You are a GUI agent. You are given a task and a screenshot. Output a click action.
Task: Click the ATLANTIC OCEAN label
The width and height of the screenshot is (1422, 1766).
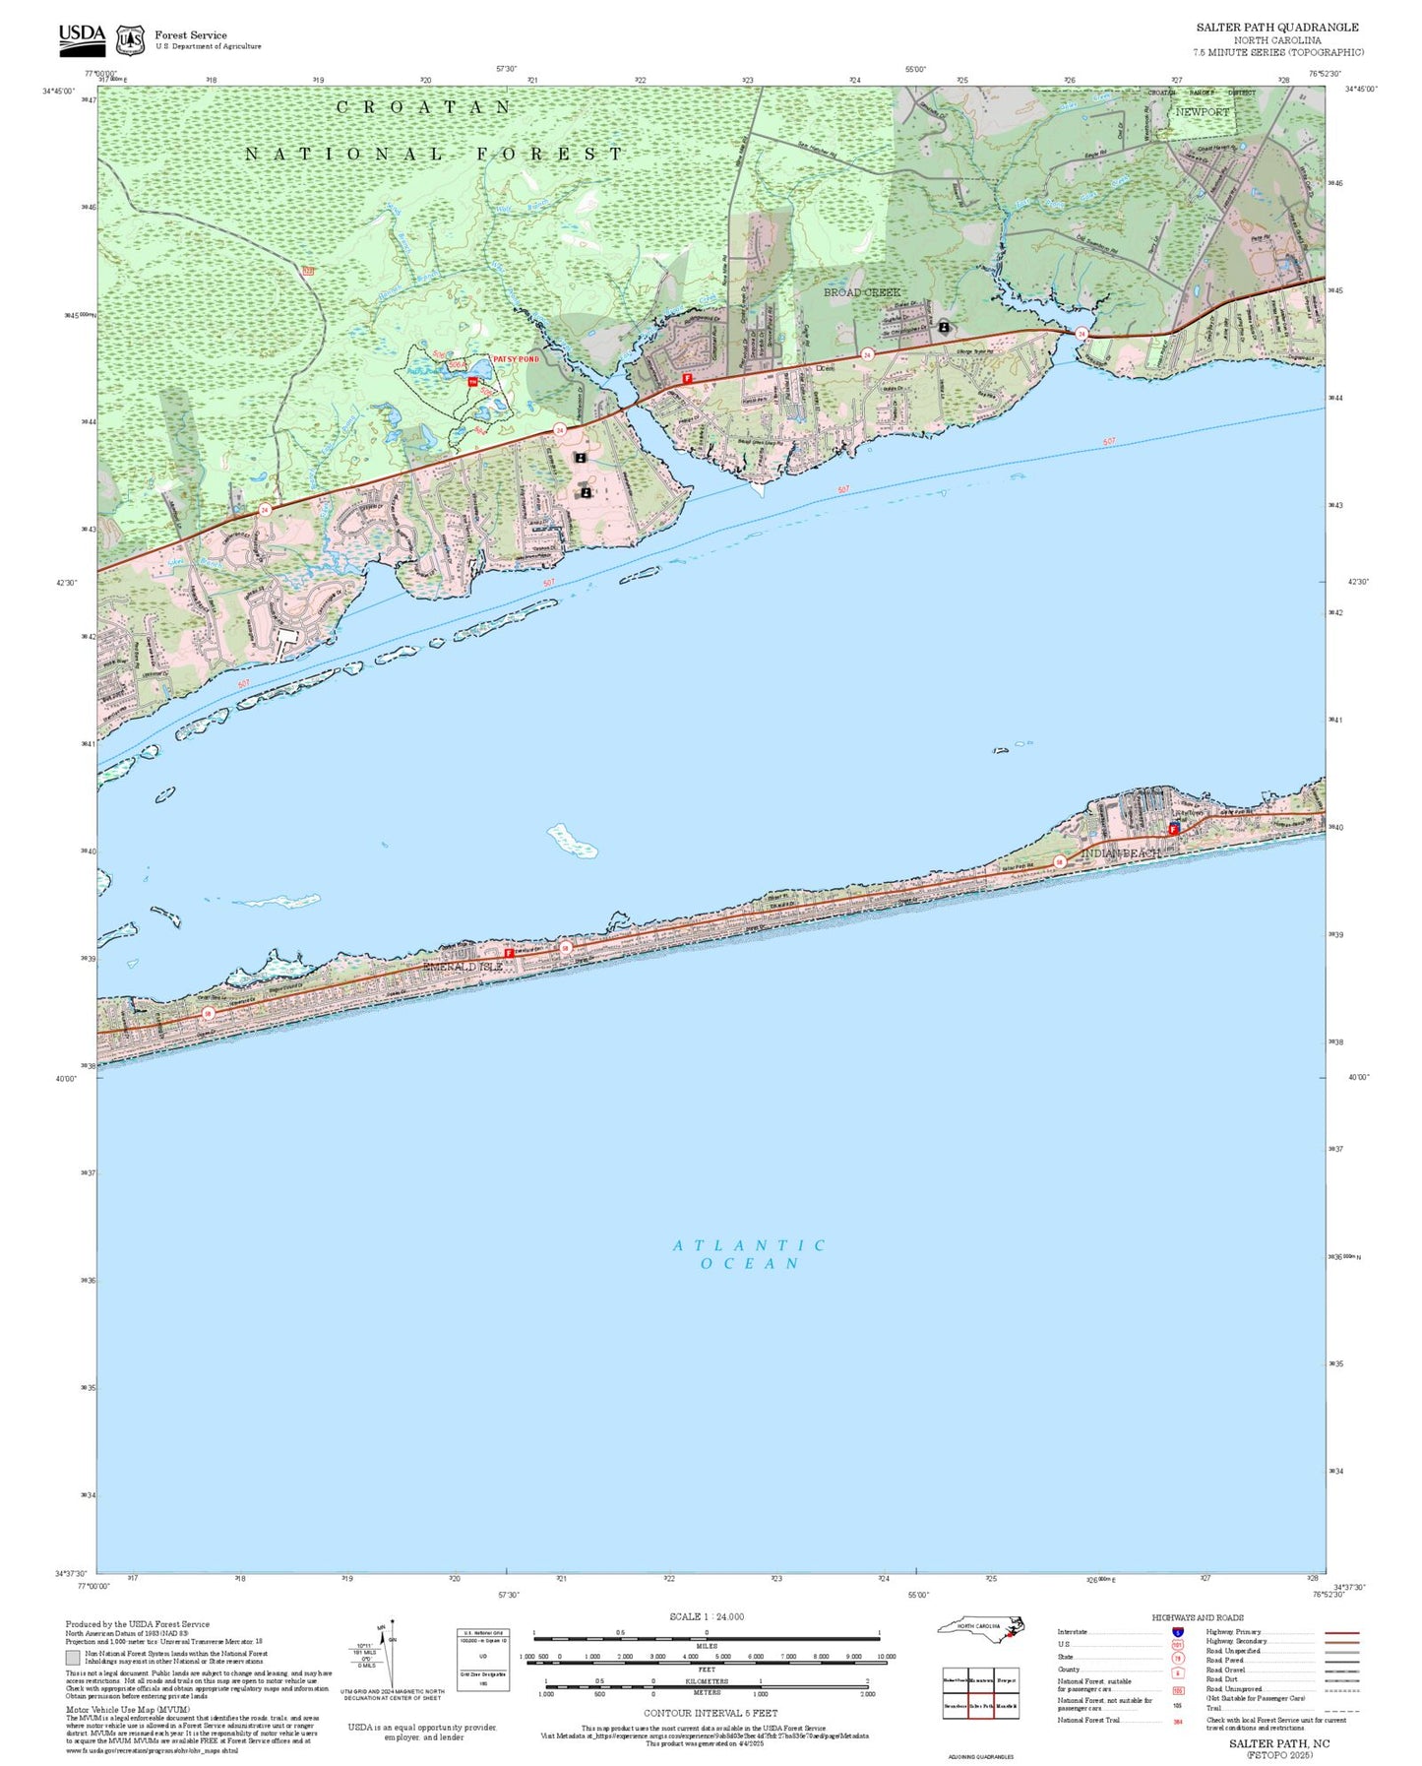pyautogui.click(x=750, y=1253)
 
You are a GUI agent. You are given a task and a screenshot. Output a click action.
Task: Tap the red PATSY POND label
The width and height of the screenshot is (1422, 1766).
pyautogui.click(x=516, y=359)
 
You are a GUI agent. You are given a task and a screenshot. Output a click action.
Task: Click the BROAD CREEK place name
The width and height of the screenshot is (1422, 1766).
pyautogui.click(x=862, y=292)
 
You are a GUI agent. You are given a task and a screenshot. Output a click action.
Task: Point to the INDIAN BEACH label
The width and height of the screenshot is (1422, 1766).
pyautogui.click(x=1121, y=852)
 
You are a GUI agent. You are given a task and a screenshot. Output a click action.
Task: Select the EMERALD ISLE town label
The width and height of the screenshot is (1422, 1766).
pyautogui.click(x=463, y=967)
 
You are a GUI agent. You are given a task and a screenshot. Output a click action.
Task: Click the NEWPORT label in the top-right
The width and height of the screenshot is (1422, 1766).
pyautogui.click(x=1203, y=112)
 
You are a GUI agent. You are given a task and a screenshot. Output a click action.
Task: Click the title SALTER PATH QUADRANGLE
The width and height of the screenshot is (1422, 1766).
pyautogui.click(x=1277, y=28)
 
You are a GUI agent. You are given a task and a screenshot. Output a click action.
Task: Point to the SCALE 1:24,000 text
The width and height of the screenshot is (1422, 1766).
pyautogui.click(x=707, y=1616)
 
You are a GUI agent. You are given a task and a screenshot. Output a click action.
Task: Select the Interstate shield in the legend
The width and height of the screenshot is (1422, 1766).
pyautogui.click(x=1177, y=1631)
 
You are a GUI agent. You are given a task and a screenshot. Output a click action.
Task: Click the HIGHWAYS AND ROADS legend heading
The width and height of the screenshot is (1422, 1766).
pyautogui.click(x=1198, y=1617)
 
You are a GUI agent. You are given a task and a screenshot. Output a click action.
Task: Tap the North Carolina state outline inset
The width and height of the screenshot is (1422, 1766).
pyautogui.click(x=981, y=1629)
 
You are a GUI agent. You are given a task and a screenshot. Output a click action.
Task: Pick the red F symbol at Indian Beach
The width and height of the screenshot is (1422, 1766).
pyautogui.click(x=1173, y=830)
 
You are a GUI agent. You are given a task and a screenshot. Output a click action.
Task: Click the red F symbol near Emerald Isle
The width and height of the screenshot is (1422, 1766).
pyautogui.click(x=509, y=953)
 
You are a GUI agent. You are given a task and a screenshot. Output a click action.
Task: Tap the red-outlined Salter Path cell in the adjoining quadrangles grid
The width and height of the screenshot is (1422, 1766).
pyautogui.click(x=981, y=1705)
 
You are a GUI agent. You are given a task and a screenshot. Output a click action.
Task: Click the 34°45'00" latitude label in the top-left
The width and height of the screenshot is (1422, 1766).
pyautogui.click(x=58, y=91)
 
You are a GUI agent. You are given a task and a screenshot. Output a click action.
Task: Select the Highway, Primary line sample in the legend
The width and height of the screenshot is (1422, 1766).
pyautogui.click(x=1341, y=1631)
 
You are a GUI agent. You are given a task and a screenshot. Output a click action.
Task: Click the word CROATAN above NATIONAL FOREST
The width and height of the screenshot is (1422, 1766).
pyautogui.click(x=423, y=107)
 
